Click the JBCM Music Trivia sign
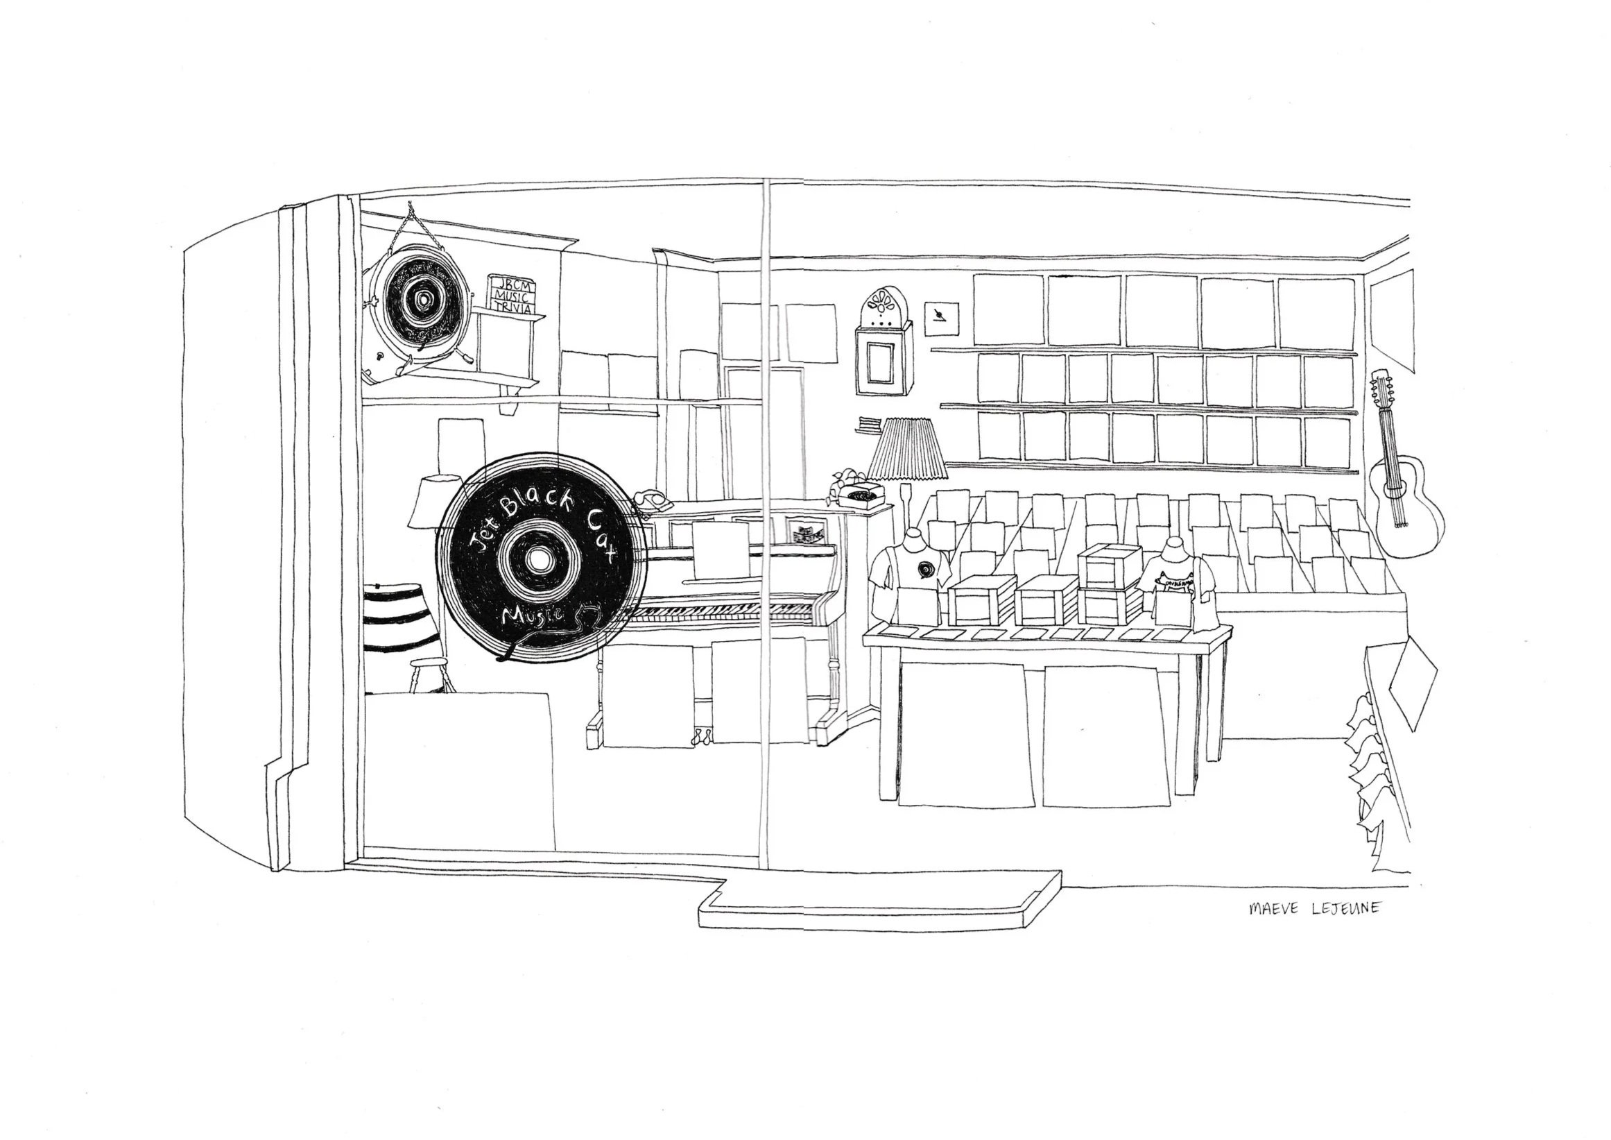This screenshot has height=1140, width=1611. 512,294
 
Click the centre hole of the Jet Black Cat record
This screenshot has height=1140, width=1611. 539,559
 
